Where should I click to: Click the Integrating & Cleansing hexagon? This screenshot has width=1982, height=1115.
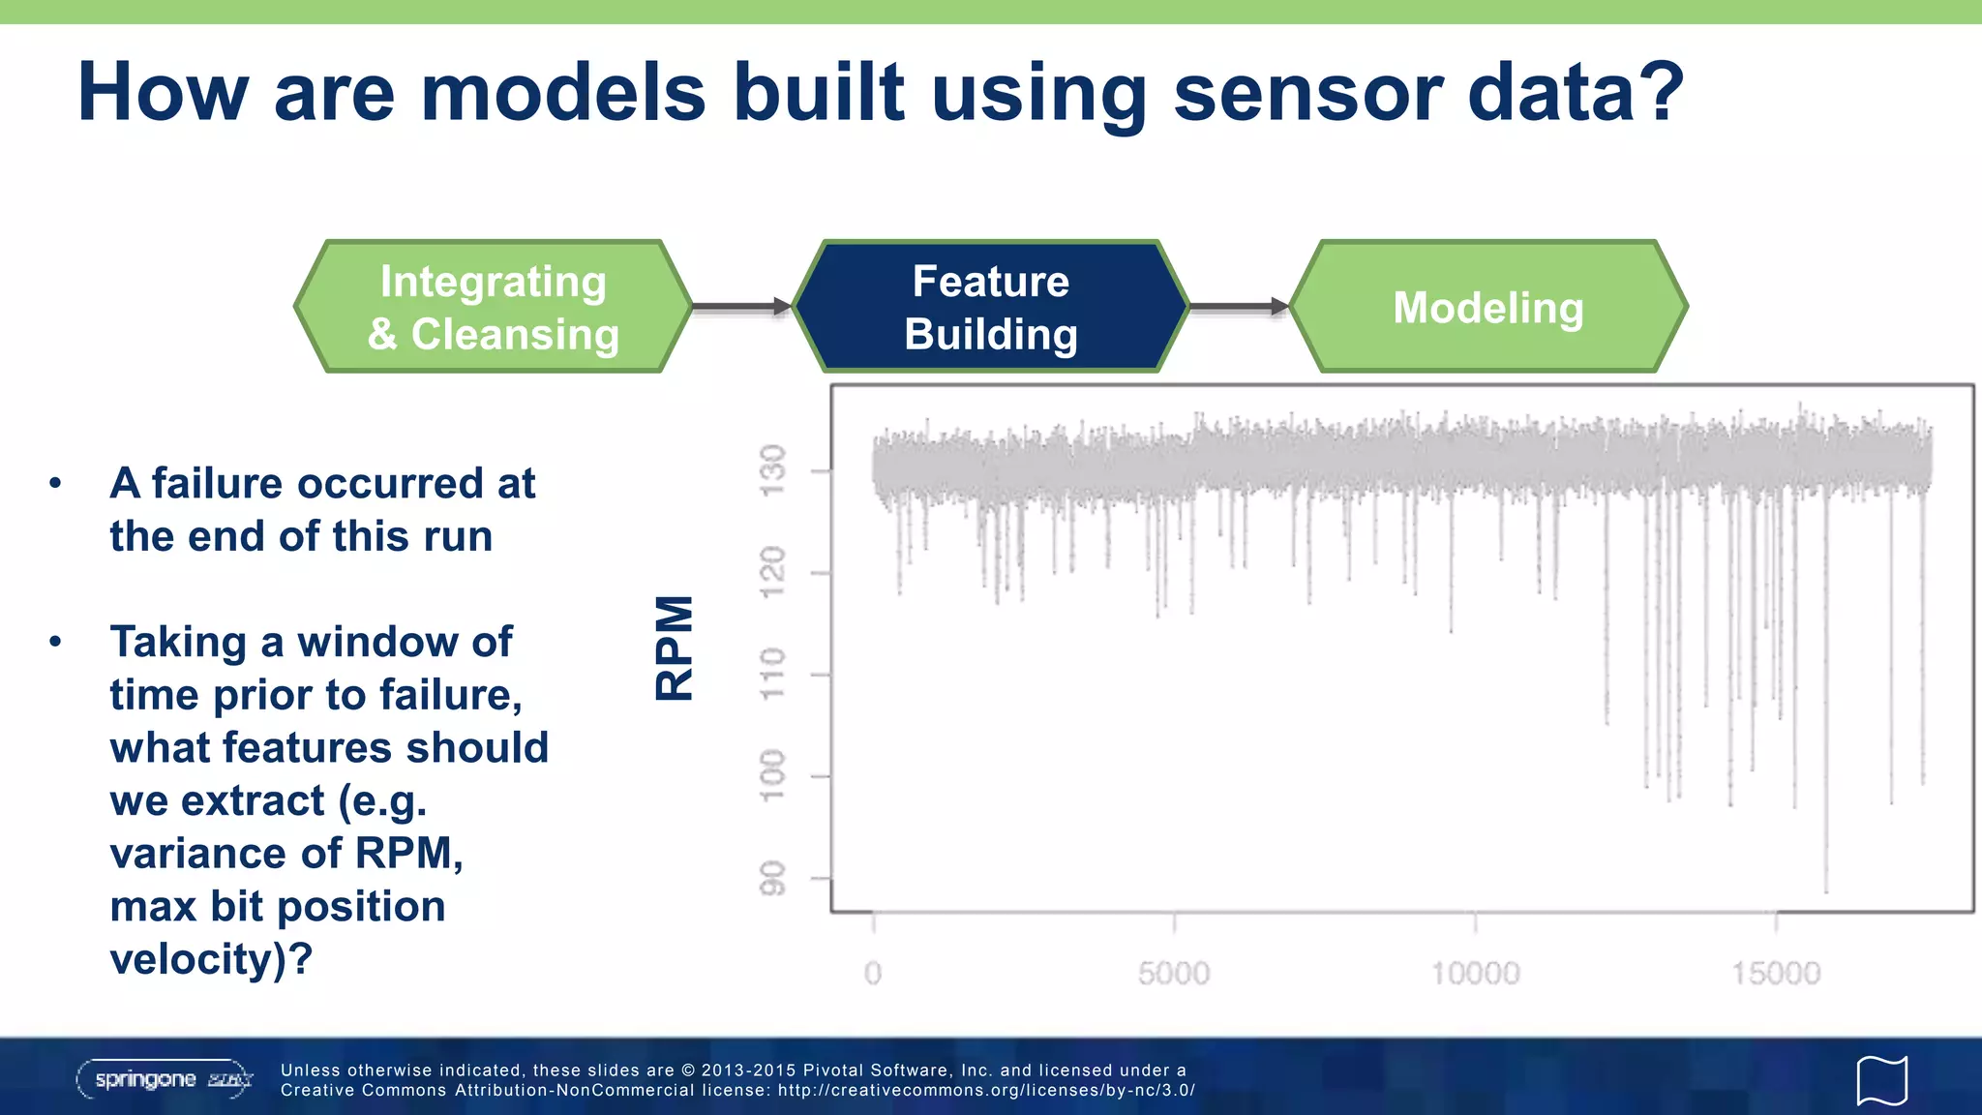[x=494, y=307]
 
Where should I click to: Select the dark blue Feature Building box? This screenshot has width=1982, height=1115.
[x=991, y=307]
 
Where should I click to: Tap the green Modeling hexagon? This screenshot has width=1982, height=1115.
[x=1488, y=307]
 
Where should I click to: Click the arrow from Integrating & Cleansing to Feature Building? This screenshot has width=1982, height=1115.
[x=741, y=307]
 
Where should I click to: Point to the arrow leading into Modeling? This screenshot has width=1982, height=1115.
[x=1239, y=307]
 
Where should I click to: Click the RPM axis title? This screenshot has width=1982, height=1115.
[x=675, y=648]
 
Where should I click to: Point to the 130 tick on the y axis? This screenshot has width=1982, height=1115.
[x=771, y=471]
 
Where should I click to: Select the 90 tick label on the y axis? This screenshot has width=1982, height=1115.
[x=771, y=878]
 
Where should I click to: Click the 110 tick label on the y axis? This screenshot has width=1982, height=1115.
[x=771, y=675]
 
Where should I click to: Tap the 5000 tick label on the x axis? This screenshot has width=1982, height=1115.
[x=1174, y=973]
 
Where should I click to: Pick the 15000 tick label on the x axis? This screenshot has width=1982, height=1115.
[x=1776, y=973]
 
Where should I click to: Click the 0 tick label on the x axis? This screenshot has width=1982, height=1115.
[x=873, y=973]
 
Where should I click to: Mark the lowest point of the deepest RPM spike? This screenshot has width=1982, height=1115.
[x=1826, y=890]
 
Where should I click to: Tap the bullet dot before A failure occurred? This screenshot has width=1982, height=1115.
[x=56, y=483]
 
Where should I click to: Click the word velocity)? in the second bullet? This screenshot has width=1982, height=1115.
[x=211, y=959]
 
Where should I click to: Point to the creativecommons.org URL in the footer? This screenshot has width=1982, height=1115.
[x=986, y=1090]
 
